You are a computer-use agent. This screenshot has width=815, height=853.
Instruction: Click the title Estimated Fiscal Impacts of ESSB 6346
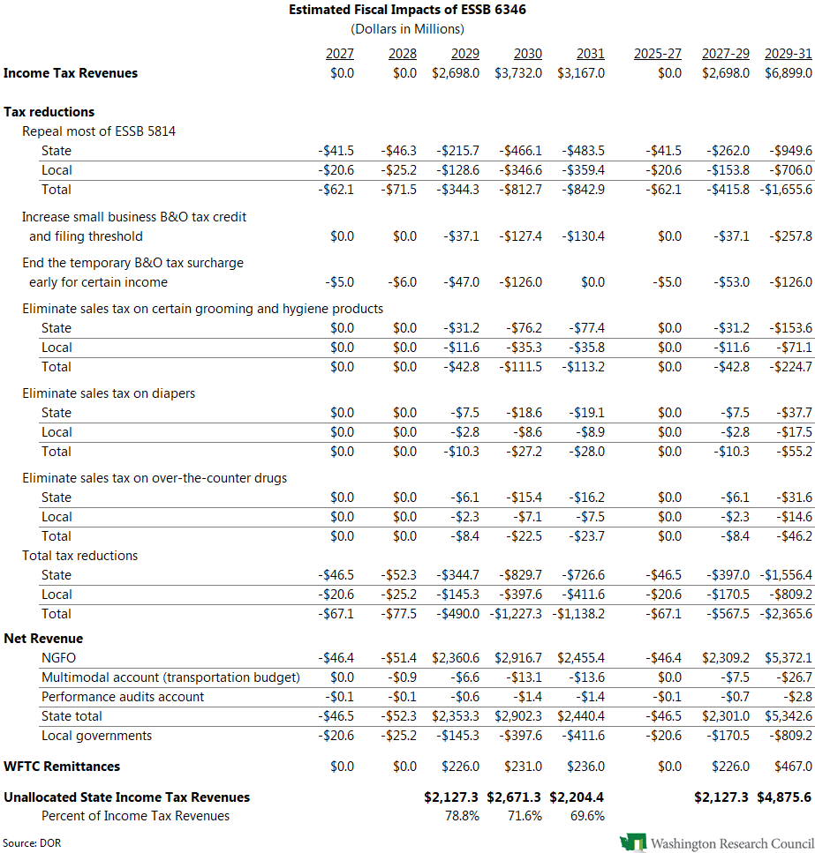coord(407,10)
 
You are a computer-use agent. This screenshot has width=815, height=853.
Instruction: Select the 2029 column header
coord(464,54)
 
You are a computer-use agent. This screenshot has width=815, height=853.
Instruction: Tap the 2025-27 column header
coord(657,54)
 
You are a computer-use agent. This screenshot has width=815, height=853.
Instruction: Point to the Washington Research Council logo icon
coord(633,842)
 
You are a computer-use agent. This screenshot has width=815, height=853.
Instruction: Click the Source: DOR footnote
coord(32,842)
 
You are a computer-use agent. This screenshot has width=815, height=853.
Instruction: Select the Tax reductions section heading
coord(49,112)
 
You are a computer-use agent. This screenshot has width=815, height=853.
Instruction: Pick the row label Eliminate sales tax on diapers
coord(109,393)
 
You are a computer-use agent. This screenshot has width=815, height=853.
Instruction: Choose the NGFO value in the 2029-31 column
coord(788,657)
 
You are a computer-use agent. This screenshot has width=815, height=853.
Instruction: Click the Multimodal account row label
coord(170,677)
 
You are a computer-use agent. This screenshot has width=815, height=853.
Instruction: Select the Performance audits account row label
coord(123,697)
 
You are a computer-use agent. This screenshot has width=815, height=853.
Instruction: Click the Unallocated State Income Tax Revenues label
coord(126,797)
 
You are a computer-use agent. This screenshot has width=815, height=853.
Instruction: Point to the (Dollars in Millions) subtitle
coord(407,29)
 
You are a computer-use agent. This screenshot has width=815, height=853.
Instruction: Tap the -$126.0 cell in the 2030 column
coord(520,282)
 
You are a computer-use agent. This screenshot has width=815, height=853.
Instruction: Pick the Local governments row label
coord(96,736)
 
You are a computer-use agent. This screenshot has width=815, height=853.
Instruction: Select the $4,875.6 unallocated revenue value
coord(784,797)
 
